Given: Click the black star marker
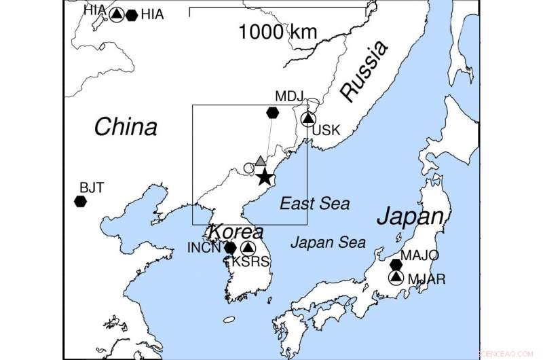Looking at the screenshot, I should point(265,178).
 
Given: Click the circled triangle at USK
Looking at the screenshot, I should point(309,119).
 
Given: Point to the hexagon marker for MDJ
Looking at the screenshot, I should point(273,112).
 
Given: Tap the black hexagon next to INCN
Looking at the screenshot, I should point(230,248).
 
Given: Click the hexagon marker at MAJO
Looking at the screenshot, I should point(396,264).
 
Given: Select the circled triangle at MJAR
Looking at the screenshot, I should point(396,277).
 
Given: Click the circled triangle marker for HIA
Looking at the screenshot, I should point(117,14).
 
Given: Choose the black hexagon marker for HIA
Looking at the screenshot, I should point(132,14).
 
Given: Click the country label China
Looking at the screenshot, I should point(126,127).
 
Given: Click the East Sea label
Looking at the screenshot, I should point(315,203).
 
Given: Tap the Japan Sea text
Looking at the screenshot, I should point(328,242).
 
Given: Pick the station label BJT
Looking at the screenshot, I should point(92,187).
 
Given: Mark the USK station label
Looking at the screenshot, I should point(326,130).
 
